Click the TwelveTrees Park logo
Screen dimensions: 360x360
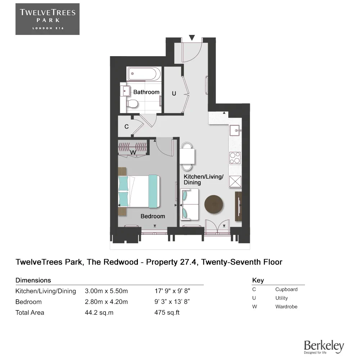(47, 19)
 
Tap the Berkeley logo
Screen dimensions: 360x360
(324, 347)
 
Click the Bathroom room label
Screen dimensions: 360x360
(146, 92)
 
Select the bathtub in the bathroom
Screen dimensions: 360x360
(143, 75)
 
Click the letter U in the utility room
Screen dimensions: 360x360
(174, 94)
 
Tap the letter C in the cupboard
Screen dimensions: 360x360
(126, 127)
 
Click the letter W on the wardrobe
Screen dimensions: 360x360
(133, 152)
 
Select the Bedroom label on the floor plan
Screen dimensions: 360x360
(153, 216)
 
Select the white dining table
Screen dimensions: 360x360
(187, 156)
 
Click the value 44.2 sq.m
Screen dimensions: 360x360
(99, 312)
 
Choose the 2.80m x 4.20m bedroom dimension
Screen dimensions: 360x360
(106, 302)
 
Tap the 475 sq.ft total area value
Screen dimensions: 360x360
(167, 312)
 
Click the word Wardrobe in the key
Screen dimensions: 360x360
(286, 307)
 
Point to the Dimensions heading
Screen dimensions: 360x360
(33, 280)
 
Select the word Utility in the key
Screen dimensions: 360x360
(282, 298)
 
